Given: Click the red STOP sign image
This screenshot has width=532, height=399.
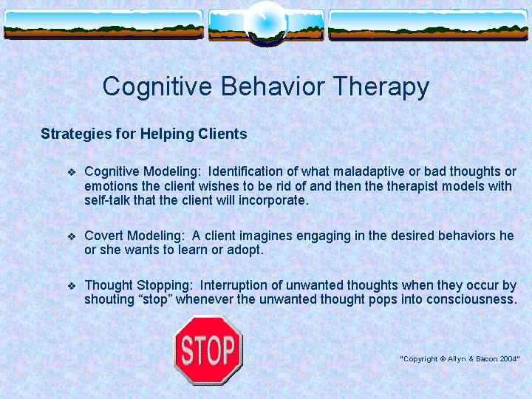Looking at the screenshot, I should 208,349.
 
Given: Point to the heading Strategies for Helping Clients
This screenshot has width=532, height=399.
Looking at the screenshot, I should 143,134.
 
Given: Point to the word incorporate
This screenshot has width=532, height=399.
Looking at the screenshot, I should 274,200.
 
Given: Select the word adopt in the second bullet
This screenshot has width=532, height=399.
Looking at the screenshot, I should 245,250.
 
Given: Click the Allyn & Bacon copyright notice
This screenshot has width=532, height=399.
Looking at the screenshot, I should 460,358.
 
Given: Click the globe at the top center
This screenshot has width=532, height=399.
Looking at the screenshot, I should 265,21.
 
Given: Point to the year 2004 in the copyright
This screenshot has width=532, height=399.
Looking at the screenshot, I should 508,358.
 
